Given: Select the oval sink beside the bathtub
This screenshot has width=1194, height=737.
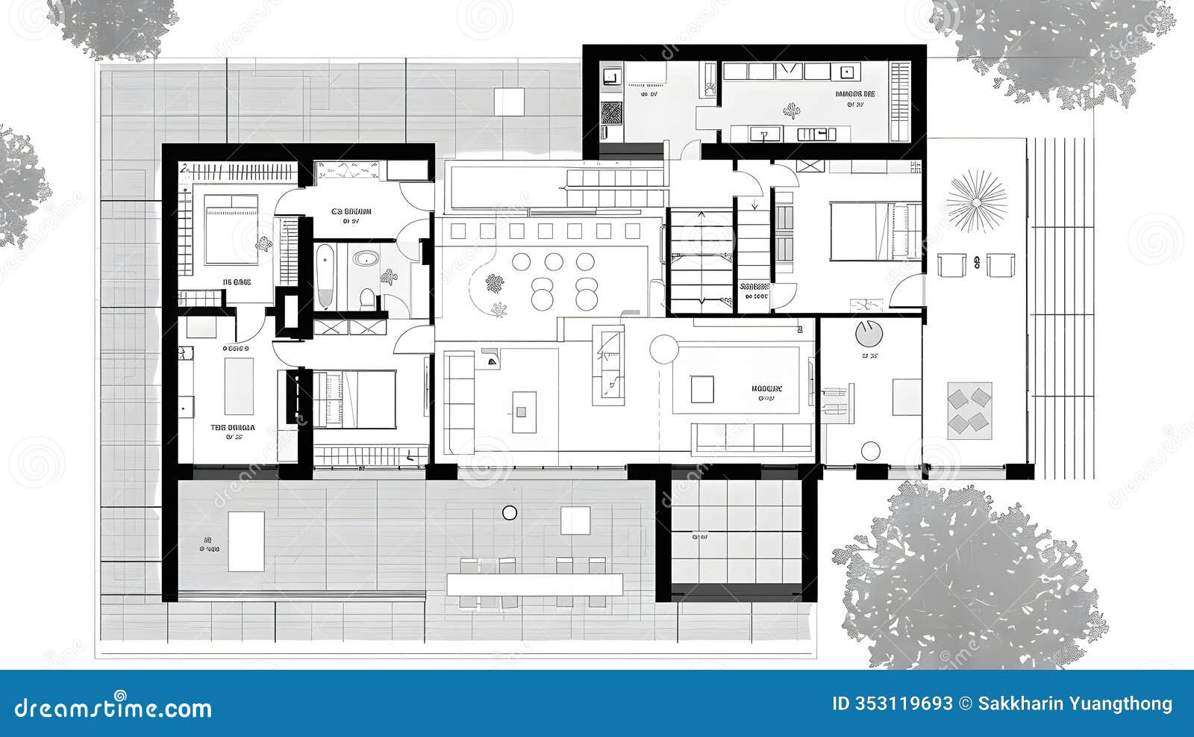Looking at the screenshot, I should point(365,260).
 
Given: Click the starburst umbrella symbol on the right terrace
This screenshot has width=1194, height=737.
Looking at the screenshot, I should point(976,201).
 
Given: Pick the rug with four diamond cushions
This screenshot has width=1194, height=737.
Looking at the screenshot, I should point(970,410).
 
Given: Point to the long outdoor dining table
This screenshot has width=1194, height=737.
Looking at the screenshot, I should point(534,584).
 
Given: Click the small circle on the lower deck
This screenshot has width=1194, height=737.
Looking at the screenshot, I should point(510,512).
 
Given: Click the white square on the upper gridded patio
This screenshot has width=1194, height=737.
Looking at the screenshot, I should point(509,102).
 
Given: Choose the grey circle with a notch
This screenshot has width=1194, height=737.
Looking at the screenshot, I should point(868,334).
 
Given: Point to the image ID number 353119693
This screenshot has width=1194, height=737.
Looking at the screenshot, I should point(893,703).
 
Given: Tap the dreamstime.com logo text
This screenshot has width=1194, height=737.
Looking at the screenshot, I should point(113,706).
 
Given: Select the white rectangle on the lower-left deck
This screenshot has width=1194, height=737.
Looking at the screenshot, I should point(246,541).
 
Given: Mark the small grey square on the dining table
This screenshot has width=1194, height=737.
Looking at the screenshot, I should point(521,411).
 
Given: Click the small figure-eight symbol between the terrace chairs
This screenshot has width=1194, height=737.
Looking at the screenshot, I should point(977,262).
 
